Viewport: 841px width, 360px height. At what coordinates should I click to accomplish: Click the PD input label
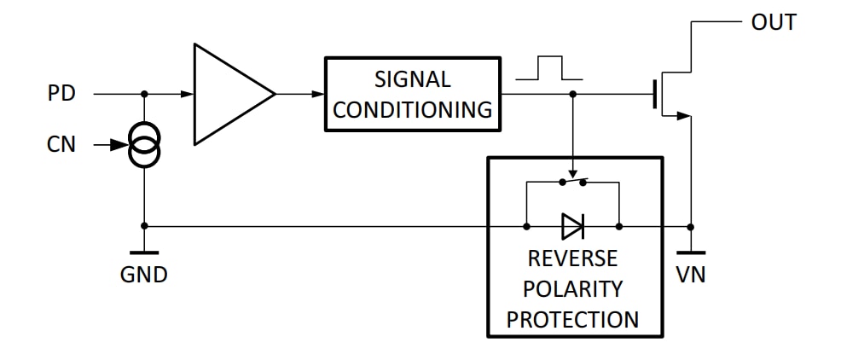(61, 93)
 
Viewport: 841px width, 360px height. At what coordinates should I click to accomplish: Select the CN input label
(61, 145)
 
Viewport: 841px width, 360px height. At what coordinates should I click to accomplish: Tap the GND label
(143, 275)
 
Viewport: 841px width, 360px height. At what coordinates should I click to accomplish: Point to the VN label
(690, 275)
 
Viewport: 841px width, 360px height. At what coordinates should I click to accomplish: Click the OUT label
(774, 23)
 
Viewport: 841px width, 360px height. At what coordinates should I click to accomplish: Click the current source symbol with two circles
(143, 146)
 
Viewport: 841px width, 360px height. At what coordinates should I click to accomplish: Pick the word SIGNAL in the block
(412, 79)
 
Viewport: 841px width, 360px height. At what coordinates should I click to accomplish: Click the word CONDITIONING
(412, 109)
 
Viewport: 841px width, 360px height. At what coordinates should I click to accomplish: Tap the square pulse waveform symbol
(550, 68)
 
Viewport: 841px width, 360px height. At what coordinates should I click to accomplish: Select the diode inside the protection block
(572, 226)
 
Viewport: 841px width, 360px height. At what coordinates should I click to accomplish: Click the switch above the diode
(572, 182)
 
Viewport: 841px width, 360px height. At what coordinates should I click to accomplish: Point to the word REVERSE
(572, 258)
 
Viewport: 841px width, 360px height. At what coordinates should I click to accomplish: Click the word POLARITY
(572, 288)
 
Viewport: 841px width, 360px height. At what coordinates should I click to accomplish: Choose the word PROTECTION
(572, 319)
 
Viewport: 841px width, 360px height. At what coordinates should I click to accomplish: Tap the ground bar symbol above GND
(143, 253)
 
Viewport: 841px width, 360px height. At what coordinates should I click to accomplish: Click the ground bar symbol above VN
(690, 253)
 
